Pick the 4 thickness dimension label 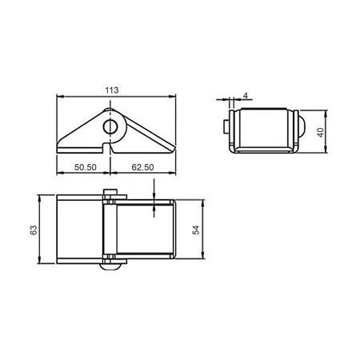244,95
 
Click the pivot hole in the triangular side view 109,126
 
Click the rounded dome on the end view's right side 302,126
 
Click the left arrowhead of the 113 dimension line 58,97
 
